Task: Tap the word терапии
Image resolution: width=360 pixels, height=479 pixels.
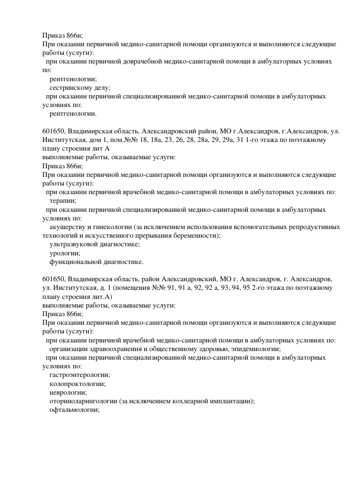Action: click(63, 200)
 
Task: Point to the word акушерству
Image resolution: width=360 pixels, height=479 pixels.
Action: click(66, 227)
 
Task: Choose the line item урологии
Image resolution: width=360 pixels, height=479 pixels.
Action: click(64, 253)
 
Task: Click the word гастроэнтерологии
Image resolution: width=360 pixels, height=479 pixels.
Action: click(80, 375)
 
